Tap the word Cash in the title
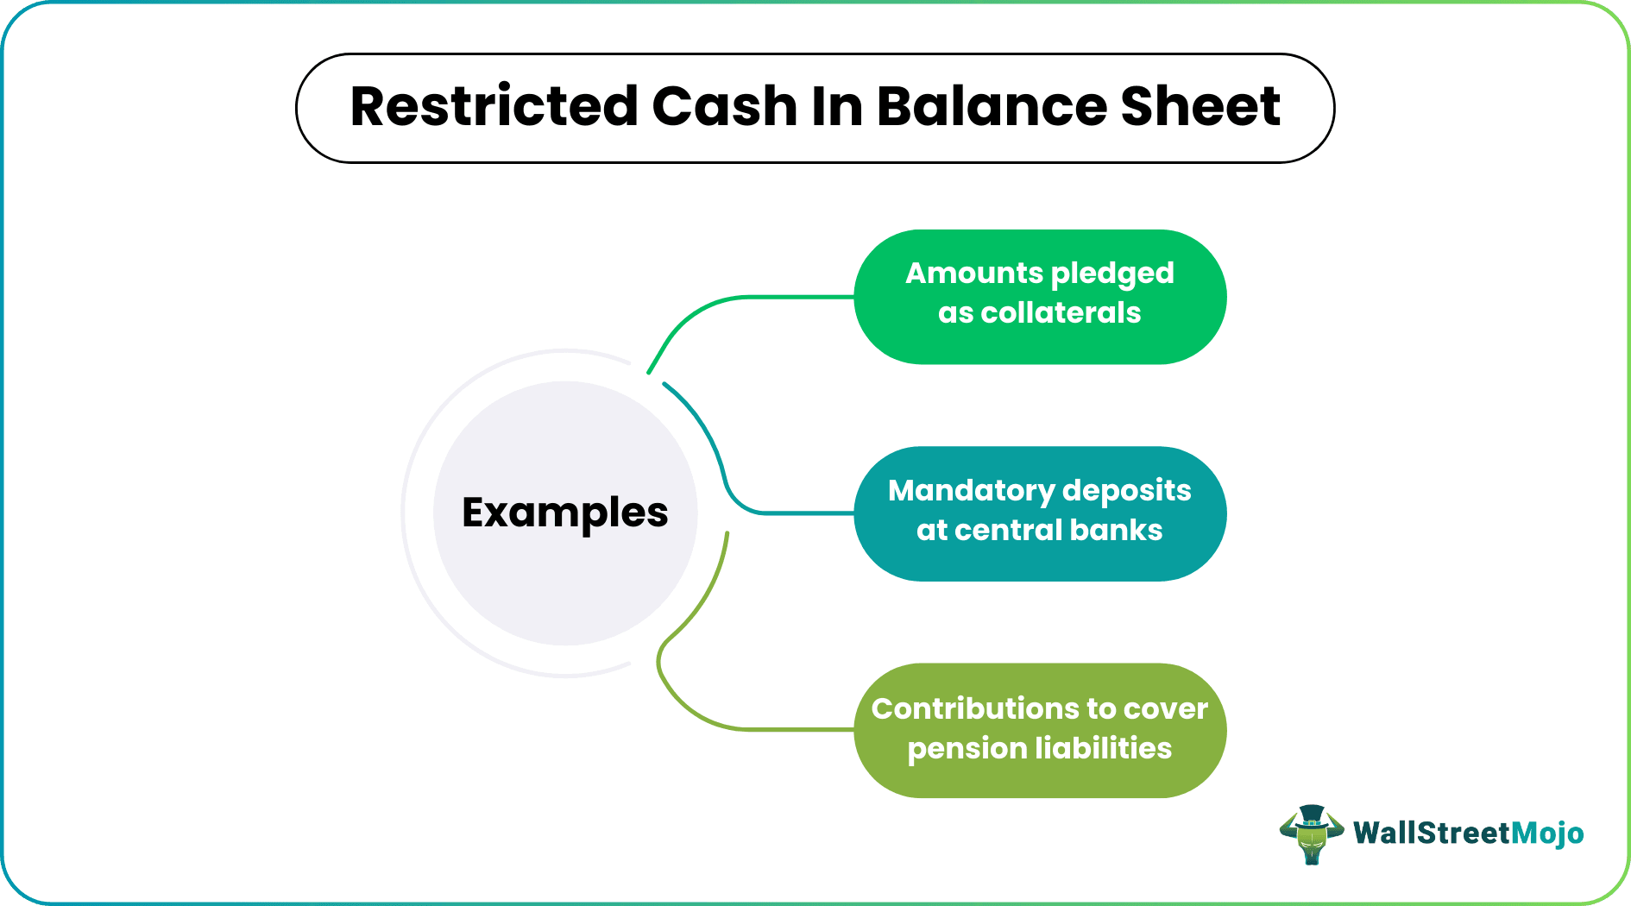(725, 107)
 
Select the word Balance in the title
(992, 107)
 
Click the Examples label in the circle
(565, 513)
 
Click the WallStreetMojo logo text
(1468, 834)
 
